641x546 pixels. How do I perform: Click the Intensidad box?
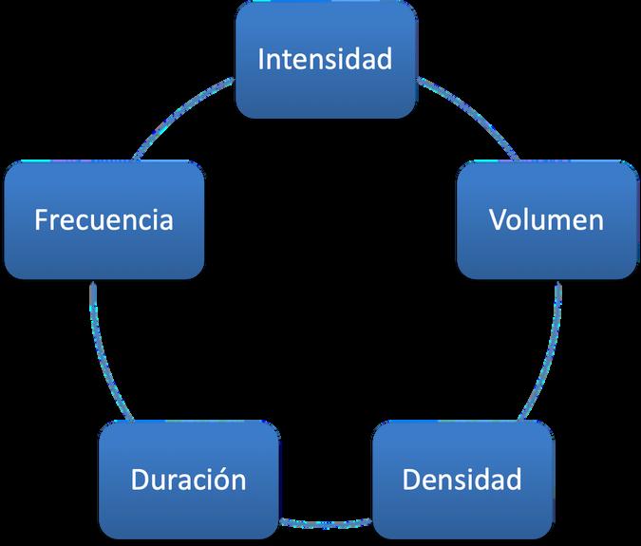click(x=326, y=59)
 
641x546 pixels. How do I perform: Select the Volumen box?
click(x=547, y=219)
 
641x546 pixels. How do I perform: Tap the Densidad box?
click(x=462, y=480)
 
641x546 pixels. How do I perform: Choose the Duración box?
click(x=188, y=480)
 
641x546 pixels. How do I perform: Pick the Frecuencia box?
click(x=104, y=219)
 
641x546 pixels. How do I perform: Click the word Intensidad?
click(x=326, y=59)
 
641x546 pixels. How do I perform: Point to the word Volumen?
click(x=547, y=219)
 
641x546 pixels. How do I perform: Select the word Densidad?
click(x=462, y=480)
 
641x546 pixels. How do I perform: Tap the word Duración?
click(x=188, y=480)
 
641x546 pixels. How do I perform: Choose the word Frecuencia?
click(x=104, y=219)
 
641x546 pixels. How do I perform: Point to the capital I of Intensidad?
click(x=263, y=59)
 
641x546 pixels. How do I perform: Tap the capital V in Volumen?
click(x=498, y=219)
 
